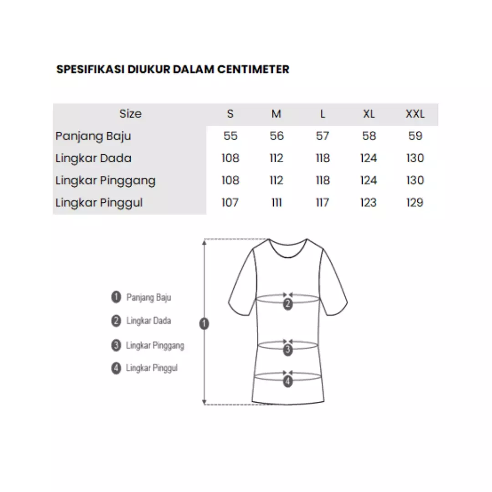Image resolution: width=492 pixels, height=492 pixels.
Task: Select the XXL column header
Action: click(x=415, y=114)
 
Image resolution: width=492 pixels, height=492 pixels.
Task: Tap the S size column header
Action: click(x=230, y=114)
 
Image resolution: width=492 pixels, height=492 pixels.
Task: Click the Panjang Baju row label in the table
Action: click(x=93, y=136)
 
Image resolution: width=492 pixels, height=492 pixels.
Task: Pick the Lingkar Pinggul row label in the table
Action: click(x=99, y=202)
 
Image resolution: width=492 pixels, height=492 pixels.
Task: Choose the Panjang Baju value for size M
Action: click(x=277, y=136)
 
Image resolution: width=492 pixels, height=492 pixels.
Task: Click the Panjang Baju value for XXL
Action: click(x=415, y=136)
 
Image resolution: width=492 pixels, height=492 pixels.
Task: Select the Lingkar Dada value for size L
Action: click(x=323, y=158)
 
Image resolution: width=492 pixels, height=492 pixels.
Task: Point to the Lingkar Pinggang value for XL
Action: click(x=369, y=180)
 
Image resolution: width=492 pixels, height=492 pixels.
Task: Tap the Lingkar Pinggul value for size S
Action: click(x=230, y=202)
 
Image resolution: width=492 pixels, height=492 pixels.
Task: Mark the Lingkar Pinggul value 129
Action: click(x=415, y=202)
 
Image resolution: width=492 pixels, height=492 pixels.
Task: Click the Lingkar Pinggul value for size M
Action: click(x=277, y=202)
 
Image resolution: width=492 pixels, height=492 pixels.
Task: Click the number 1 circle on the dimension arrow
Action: click(x=205, y=324)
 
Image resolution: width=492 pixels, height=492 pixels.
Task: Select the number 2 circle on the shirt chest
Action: click(x=287, y=305)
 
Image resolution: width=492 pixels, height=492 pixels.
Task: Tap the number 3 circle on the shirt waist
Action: click(x=287, y=350)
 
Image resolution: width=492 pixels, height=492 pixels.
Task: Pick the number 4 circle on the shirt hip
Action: click(x=287, y=382)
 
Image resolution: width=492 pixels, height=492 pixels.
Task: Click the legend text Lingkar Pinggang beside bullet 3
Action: click(x=155, y=345)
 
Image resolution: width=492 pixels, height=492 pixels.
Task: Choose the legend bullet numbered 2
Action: click(x=116, y=321)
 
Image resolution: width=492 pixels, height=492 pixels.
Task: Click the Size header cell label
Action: click(x=130, y=114)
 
